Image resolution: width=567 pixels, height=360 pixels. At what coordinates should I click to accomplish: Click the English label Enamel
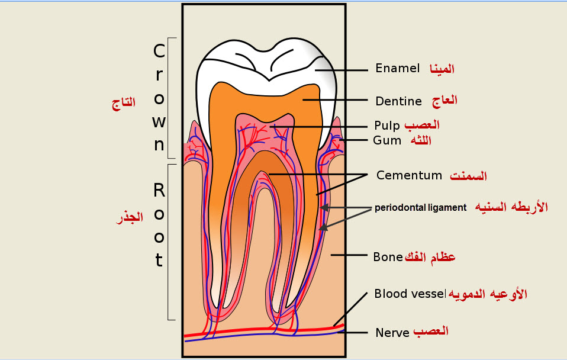tap(397, 68)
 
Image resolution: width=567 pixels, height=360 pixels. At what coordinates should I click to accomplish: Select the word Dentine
tap(398, 101)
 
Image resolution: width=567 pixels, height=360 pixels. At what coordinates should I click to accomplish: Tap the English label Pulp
tap(387, 126)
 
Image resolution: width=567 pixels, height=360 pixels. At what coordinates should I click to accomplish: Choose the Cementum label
tap(409, 175)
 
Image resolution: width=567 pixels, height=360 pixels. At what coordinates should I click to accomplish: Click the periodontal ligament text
tap(420, 207)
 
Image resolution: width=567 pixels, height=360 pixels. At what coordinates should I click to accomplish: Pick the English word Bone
tap(388, 257)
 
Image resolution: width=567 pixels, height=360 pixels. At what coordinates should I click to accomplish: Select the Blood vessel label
tap(410, 294)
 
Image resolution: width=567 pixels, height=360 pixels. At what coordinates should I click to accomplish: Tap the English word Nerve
tap(392, 333)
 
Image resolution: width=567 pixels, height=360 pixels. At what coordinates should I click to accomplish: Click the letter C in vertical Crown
tap(159, 52)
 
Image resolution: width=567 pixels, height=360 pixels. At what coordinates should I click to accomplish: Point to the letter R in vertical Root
tap(159, 190)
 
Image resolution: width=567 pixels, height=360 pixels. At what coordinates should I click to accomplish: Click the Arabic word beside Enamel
tap(442, 68)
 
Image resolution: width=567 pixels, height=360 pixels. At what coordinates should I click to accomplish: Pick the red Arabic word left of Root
tap(129, 217)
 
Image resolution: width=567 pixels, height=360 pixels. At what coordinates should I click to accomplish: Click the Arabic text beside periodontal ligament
tap(512, 207)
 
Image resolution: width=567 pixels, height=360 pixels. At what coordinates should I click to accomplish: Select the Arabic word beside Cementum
tap(468, 176)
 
